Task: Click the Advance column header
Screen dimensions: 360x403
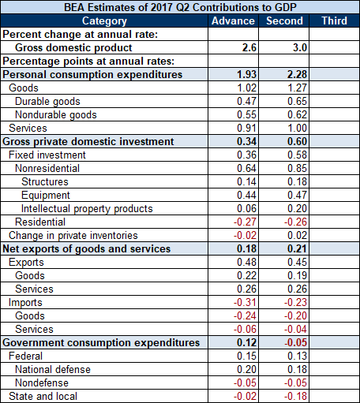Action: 233,21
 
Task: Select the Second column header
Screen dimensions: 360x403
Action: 284,21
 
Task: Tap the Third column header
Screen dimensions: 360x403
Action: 334,21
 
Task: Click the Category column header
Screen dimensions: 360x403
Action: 104,21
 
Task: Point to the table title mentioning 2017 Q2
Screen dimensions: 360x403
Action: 180,7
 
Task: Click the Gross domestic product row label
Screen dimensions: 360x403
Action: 73,48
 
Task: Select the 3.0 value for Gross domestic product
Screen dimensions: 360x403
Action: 300,48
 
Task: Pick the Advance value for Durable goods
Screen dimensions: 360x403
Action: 246,102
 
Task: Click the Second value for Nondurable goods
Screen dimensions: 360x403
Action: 297,115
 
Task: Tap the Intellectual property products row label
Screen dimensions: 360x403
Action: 87,209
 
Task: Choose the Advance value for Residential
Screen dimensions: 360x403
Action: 245,222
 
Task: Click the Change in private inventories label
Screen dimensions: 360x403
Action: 73,236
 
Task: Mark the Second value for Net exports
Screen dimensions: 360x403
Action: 297,249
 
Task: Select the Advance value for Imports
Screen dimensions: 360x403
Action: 245,303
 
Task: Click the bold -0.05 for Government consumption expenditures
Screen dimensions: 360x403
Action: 295,343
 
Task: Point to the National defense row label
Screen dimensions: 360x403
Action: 53,370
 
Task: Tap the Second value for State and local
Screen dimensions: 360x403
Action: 295,397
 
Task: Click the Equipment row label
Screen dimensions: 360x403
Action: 46,196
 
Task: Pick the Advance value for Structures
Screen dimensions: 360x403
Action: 246,182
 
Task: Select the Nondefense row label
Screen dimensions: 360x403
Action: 42,383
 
